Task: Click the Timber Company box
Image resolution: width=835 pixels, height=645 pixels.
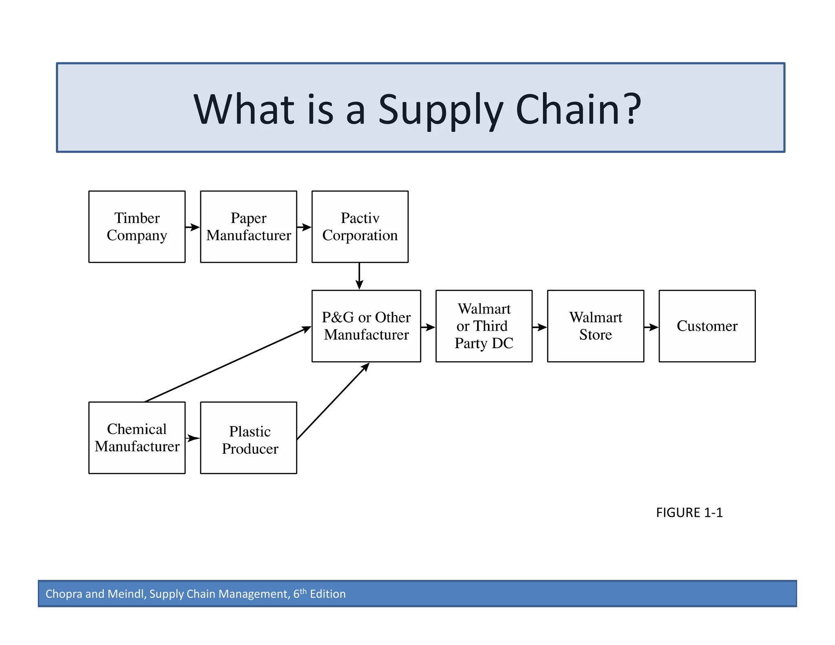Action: (x=137, y=227)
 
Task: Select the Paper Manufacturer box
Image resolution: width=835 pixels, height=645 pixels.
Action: (x=248, y=227)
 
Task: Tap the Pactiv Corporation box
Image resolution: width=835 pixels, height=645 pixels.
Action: (x=360, y=227)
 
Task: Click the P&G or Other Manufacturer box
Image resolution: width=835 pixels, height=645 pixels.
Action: (x=366, y=326)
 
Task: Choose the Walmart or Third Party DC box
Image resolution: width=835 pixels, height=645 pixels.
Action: (x=484, y=326)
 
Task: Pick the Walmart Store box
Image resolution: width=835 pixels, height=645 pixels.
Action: (x=595, y=326)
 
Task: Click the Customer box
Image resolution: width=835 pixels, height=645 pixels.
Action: (x=707, y=326)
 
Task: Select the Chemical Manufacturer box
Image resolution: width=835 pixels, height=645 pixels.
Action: (x=137, y=437)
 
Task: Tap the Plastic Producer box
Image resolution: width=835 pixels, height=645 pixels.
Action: (x=248, y=437)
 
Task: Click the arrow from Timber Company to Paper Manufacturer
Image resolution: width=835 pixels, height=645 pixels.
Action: (x=192, y=227)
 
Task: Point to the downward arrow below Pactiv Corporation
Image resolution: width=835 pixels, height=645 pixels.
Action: (x=359, y=276)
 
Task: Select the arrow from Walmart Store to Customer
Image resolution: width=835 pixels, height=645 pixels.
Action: (x=651, y=327)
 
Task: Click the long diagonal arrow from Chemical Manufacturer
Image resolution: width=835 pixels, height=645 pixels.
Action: (x=228, y=364)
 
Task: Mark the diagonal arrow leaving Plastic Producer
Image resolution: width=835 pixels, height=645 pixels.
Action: (x=333, y=401)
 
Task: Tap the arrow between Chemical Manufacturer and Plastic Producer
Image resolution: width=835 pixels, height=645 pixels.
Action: (x=192, y=438)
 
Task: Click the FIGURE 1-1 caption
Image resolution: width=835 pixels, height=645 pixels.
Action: (x=689, y=512)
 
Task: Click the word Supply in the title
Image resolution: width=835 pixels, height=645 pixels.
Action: (x=441, y=109)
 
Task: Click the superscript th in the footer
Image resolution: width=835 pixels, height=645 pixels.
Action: (x=303, y=591)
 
